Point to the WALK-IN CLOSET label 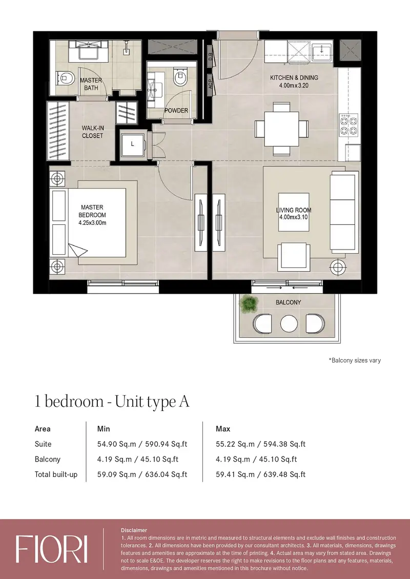tap(93, 132)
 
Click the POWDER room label tap(176, 110)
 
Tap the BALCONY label tap(289, 302)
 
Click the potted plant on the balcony tap(248, 303)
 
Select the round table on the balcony tap(289, 323)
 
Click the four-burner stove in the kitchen tap(349, 125)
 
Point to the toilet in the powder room tap(180, 77)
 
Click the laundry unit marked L tap(133, 144)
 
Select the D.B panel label tap(210, 56)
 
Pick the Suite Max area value tap(261, 444)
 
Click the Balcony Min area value tap(138, 459)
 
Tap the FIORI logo tap(52, 549)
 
